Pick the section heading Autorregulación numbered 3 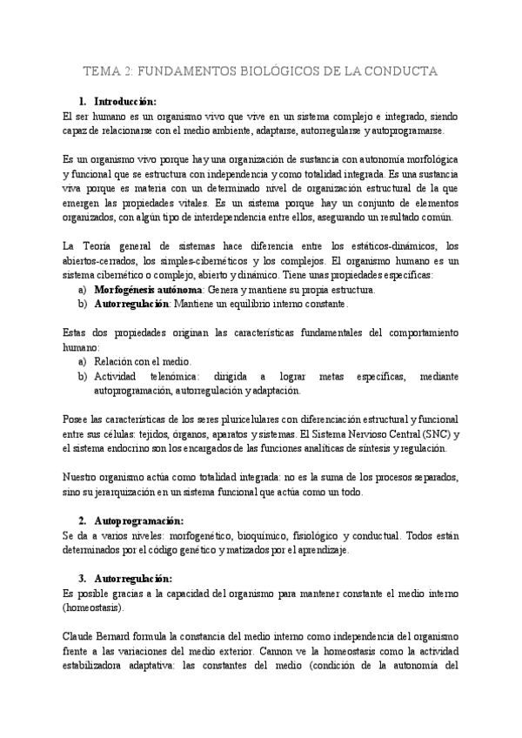[132, 579]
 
